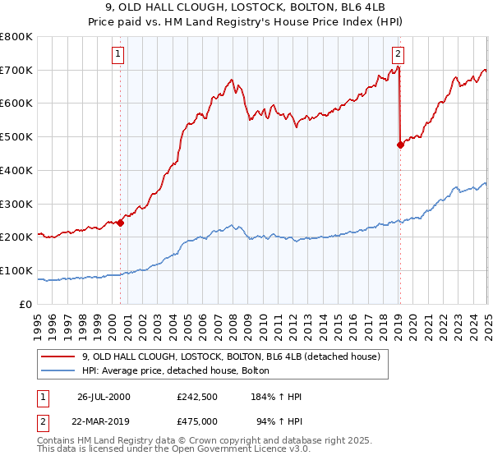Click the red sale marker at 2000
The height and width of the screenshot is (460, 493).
point(120,222)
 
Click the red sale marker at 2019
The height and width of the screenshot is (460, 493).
point(400,145)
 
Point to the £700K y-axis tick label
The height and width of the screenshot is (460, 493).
point(16,70)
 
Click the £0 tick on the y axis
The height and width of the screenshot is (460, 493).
point(27,304)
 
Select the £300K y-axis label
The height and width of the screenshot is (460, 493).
point(16,204)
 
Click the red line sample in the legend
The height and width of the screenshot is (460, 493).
point(58,356)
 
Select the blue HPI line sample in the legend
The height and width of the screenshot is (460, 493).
point(58,371)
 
